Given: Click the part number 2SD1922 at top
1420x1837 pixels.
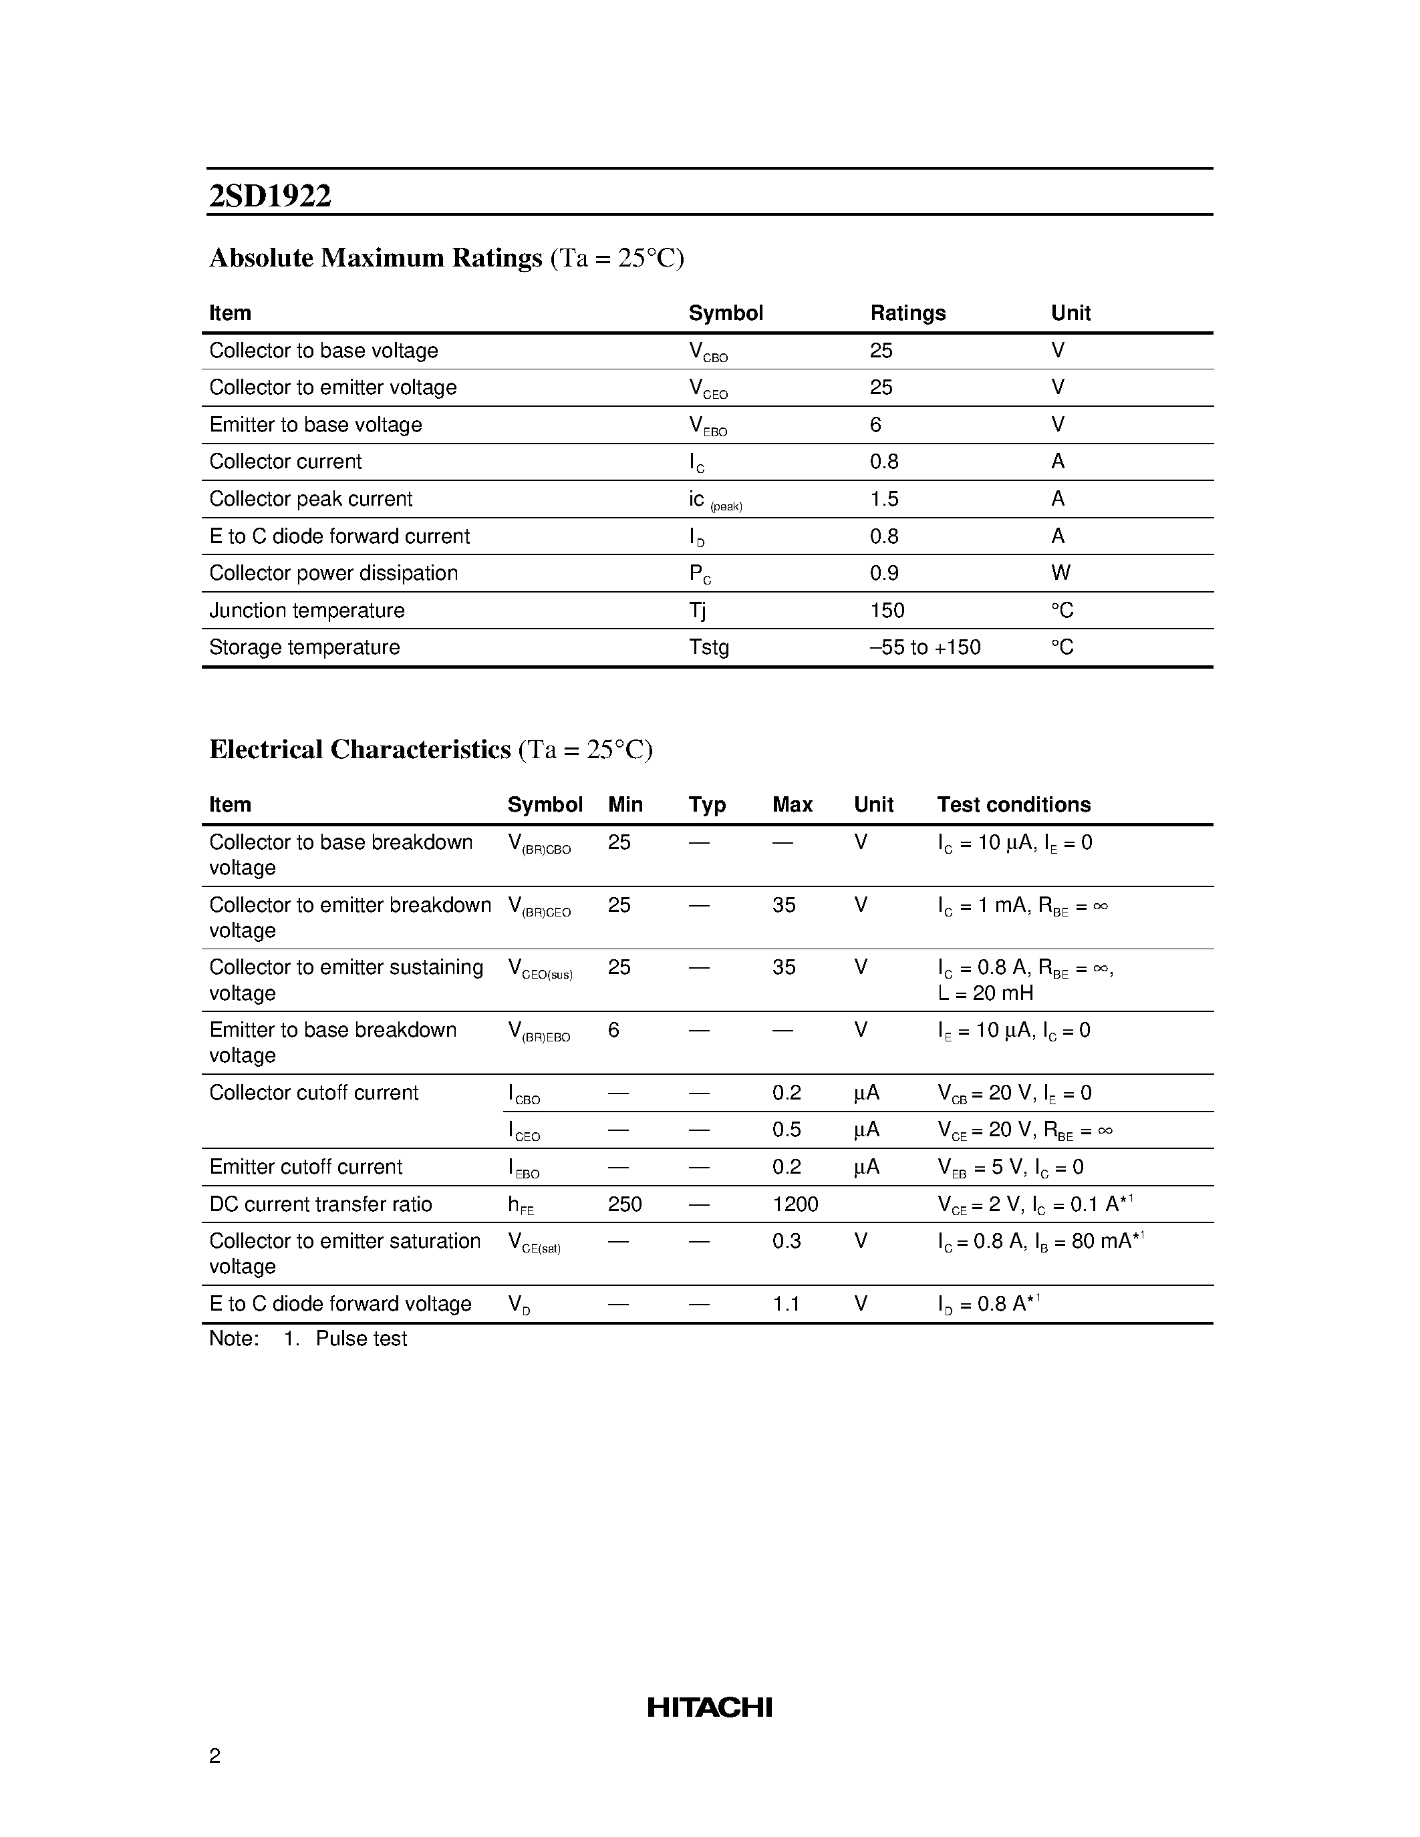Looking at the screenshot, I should pyautogui.click(x=270, y=196).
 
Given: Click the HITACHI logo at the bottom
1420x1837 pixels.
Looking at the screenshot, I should pyautogui.click(x=709, y=1707).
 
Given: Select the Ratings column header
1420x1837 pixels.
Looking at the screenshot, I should pyautogui.click(x=907, y=313).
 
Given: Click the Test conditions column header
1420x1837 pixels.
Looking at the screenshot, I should pyautogui.click(x=1014, y=805).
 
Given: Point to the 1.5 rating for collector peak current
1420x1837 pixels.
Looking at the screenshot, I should pyautogui.click(x=884, y=499).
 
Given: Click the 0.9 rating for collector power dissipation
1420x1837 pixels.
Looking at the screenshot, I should pyautogui.click(x=884, y=572).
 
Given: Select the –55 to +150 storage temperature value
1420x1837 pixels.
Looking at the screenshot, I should pyautogui.click(x=926, y=647).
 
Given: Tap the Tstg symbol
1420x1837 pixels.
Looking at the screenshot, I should pyautogui.click(x=709, y=647).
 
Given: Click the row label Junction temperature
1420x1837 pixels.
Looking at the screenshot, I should pyautogui.click(x=307, y=610).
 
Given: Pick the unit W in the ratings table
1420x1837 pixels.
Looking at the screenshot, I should pyautogui.click(x=1060, y=572).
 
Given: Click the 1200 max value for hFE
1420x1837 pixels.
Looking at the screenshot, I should pyautogui.click(x=795, y=1204).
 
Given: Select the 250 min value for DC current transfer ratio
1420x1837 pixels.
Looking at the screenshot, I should pyautogui.click(x=625, y=1204).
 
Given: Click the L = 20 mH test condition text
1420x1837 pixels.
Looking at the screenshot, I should pyautogui.click(x=985, y=993).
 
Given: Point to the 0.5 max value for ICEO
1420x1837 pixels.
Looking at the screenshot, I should pyautogui.click(x=787, y=1130).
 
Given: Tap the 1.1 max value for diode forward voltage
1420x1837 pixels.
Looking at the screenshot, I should pyautogui.click(x=787, y=1304).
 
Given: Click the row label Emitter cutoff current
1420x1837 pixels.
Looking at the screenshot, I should pyautogui.click(x=306, y=1166).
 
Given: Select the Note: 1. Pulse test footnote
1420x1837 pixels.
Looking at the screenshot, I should pyautogui.click(x=308, y=1338).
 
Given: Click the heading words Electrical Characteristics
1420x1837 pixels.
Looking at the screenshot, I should pyautogui.click(x=360, y=749).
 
